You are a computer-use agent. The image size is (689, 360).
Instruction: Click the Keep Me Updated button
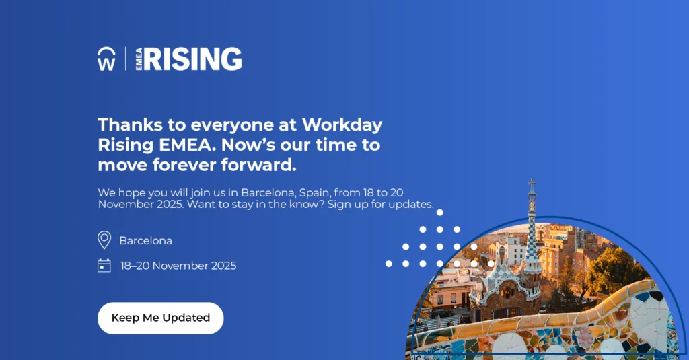point(160,318)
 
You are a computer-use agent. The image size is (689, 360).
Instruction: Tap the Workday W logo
point(106,59)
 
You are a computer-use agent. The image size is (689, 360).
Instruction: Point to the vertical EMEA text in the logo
point(139,59)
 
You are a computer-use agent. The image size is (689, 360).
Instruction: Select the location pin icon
point(104,240)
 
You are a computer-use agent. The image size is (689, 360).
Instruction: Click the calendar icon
point(104,266)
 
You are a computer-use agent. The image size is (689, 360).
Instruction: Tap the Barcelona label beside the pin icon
point(145,241)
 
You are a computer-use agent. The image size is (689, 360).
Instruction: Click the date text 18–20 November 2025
point(178,266)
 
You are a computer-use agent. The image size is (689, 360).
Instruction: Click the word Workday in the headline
point(342,125)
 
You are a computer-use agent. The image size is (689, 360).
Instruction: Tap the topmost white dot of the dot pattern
point(440,213)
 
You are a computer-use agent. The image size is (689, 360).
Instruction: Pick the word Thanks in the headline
point(130,125)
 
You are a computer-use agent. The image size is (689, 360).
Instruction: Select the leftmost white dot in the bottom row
point(388,264)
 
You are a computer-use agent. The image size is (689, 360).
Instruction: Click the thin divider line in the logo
point(126,59)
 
